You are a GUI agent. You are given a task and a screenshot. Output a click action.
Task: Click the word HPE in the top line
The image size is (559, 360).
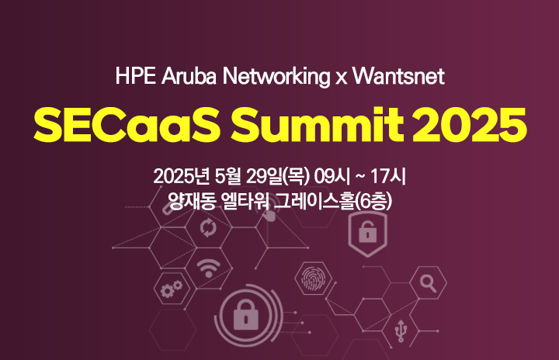(x=135, y=76)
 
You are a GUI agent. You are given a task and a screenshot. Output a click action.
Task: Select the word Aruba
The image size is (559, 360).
(x=189, y=76)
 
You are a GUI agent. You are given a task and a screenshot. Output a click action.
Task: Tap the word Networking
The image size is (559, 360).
(x=276, y=77)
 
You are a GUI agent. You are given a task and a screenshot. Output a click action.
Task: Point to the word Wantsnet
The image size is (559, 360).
(x=398, y=76)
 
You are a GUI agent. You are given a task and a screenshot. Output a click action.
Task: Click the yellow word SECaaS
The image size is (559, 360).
(x=127, y=125)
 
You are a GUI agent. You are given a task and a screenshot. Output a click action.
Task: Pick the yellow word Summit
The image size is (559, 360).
(x=318, y=125)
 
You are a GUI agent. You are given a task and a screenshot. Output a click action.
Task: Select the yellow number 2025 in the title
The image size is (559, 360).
(x=470, y=125)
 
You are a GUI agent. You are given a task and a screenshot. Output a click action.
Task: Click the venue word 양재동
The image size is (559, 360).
(x=192, y=201)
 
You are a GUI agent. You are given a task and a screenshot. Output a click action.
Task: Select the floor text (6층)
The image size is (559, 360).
(x=373, y=201)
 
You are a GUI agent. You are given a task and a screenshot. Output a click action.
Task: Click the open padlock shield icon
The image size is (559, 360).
(x=367, y=234)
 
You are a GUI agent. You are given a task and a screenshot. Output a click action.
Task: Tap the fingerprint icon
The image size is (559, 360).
(x=314, y=278)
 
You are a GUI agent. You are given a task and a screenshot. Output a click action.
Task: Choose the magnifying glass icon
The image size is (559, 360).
(x=428, y=283)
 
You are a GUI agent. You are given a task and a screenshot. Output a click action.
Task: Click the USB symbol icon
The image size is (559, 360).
(x=401, y=331)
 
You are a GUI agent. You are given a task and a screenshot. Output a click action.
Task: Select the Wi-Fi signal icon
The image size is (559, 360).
(x=209, y=268)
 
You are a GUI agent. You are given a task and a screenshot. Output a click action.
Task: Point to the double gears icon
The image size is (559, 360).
(x=172, y=289)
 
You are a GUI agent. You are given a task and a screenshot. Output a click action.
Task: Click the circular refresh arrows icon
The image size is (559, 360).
(x=208, y=228)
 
